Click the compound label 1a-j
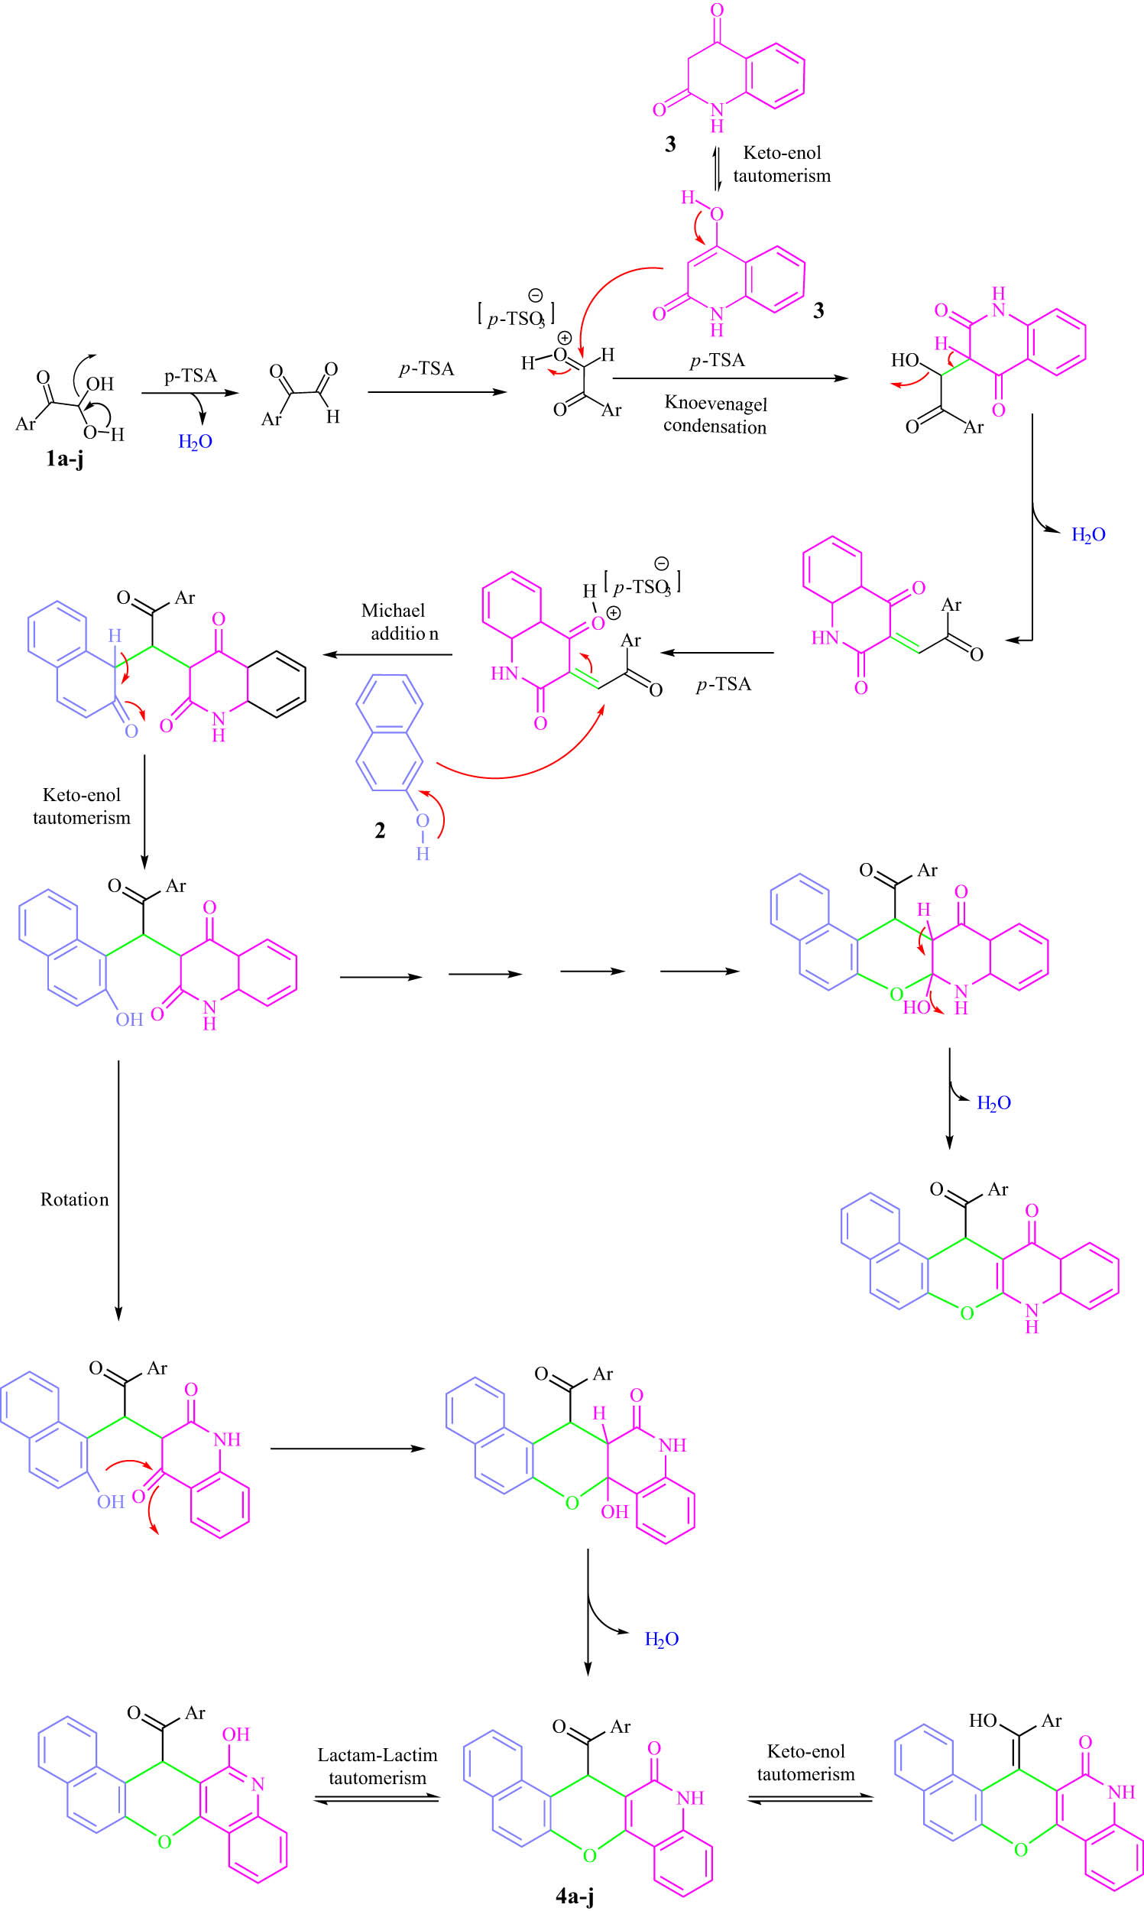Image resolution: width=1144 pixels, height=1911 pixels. [x=65, y=459]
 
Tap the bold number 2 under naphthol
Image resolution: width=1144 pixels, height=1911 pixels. [x=380, y=830]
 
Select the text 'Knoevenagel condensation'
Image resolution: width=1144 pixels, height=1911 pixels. [x=715, y=415]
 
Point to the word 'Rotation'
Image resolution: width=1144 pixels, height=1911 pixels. [x=75, y=1199]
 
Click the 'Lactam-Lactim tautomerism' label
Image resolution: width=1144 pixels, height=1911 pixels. [x=377, y=1766]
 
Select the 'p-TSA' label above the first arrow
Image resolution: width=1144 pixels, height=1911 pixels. [x=190, y=376]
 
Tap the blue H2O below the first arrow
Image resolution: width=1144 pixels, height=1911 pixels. [x=195, y=442]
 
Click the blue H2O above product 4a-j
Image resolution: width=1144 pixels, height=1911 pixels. [x=662, y=1639]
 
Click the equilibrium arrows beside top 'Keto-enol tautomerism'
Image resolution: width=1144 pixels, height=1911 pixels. [x=717, y=170]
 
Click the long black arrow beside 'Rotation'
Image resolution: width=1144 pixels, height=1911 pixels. [x=118, y=1191]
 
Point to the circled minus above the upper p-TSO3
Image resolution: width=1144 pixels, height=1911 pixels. [x=535, y=295]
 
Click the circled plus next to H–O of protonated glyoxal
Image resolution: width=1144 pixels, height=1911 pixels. [x=564, y=339]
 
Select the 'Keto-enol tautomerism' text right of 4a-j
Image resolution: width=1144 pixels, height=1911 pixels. [x=805, y=1762]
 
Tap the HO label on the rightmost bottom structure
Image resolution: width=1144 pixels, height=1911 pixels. [x=983, y=1721]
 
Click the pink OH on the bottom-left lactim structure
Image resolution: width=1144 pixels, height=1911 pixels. [x=236, y=1734]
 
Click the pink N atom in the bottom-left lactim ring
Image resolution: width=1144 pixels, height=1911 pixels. [x=258, y=1784]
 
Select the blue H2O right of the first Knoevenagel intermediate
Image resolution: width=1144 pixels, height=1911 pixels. [x=1087, y=535]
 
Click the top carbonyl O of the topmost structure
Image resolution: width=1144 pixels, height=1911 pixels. [x=717, y=11]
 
